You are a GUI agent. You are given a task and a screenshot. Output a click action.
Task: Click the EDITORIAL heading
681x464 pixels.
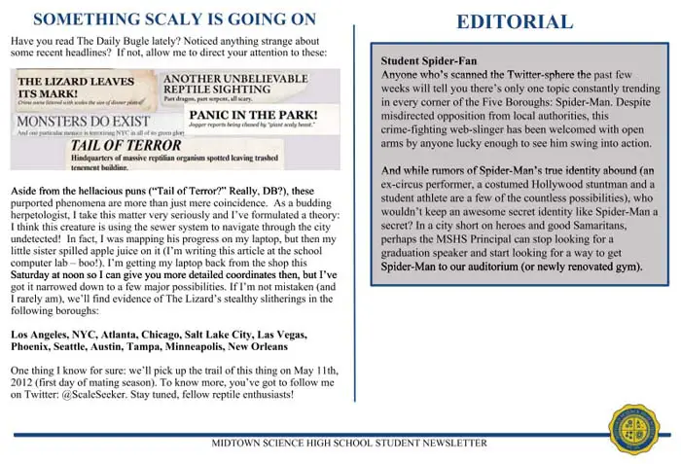click(x=515, y=21)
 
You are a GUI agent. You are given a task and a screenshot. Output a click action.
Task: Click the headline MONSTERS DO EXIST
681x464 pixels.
click(x=71, y=124)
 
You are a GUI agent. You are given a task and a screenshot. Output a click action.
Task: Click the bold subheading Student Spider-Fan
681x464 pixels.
click(x=428, y=60)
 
